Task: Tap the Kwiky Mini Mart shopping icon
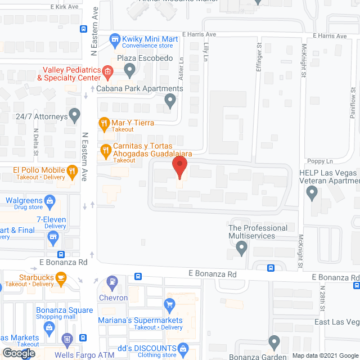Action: click(115, 39)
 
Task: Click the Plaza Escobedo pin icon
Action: click(130, 71)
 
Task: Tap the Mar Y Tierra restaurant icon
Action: click(103, 123)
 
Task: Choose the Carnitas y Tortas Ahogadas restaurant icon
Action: click(105, 150)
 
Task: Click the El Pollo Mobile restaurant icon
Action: click(71, 170)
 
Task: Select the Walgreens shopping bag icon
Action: click(50, 200)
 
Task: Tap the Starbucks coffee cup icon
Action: click(61, 277)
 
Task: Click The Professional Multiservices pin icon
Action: click(242, 247)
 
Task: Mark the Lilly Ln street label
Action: click(205, 48)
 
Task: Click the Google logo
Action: click(18, 353)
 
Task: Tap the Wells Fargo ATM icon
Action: click(67, 339)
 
